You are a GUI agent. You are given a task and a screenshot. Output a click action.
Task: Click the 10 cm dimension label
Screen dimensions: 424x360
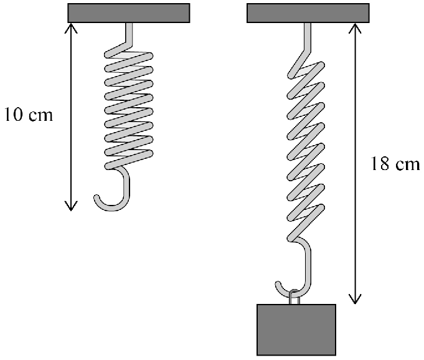[29, 114]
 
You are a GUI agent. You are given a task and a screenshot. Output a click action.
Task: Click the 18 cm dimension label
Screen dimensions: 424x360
[395, 163]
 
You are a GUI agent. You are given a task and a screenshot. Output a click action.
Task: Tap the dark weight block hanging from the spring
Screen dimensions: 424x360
[296, 329]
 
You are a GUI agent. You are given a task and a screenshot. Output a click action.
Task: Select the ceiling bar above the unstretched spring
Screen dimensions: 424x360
[129, 13]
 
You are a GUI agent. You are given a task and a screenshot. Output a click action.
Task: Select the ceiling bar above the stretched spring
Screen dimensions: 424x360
[308, 13]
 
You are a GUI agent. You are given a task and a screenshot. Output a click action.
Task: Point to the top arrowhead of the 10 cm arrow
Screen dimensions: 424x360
[71, 27]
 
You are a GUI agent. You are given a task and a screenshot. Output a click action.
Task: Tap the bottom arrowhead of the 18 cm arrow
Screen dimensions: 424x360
[355, 300]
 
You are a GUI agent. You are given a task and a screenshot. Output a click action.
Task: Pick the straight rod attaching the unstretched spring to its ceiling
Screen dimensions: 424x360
[129, 33]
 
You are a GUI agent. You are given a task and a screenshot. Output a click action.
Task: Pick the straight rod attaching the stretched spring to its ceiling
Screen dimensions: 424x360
[308, 37]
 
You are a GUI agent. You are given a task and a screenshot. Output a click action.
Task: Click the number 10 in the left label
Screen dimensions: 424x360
[13, 114]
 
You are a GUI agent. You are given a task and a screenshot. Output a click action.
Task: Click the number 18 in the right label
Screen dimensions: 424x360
[380, 163]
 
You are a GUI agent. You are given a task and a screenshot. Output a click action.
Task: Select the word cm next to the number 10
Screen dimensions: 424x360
[40, 116]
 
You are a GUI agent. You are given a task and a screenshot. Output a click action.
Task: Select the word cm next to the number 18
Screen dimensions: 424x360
[408, 165]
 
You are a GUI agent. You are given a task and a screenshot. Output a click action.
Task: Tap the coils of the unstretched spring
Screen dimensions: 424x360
[129, 108]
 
